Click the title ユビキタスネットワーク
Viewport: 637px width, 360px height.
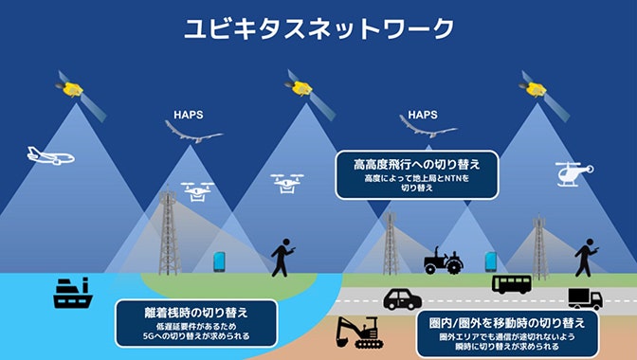click(318, 29)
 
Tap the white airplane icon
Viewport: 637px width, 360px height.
click(50, 155)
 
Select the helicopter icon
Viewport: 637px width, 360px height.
click(575, 174)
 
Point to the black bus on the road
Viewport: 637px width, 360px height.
click(511, 282)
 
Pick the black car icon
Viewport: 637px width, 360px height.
click(402, 298)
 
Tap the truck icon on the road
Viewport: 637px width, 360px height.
click(584, 298)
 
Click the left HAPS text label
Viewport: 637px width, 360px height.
click(189, 117)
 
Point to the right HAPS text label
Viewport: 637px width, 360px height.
click(422, 115)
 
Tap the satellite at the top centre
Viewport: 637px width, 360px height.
click(302, 86)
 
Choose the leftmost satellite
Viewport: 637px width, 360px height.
click(69, 86)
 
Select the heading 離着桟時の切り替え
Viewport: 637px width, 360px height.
click(195, 314)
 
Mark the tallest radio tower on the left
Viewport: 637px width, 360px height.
click(169, 232)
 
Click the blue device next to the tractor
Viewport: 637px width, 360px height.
click(491, 260)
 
